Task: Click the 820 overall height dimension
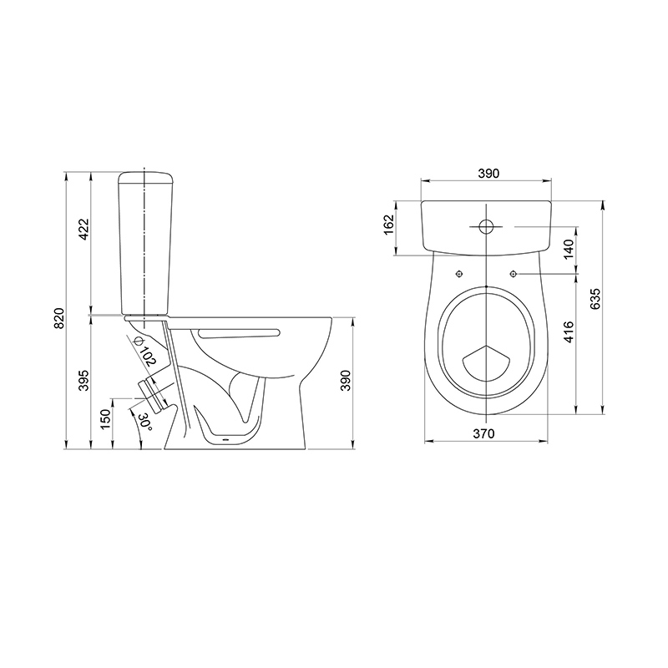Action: tap(59, 318)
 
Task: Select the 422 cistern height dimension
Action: tap(83, 229)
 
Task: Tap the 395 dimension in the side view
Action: tap(83, 381)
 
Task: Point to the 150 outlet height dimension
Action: tap(106, 418)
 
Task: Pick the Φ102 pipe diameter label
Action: tap(144, 351)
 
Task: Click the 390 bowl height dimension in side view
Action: tap(345, 381)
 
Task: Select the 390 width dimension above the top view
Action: tap(488, 174)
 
